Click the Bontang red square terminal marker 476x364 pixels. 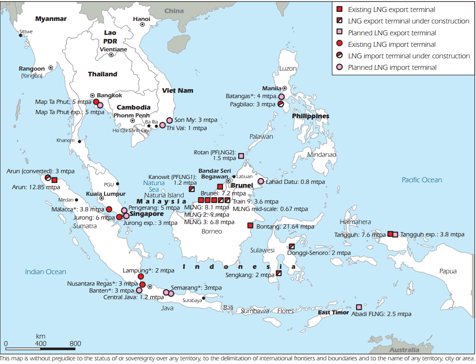(250, 225)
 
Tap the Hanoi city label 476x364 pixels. (141, 19)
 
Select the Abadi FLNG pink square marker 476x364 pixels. (359, 307)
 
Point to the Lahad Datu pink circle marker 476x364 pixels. (261, 181)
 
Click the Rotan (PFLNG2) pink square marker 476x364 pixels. (241, 156)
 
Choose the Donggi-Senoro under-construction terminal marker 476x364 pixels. (292, 247)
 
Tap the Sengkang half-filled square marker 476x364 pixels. (279, 273)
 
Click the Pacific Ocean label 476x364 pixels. (421, 180)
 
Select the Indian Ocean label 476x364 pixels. (45, 272)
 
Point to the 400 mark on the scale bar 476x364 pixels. (41, 343)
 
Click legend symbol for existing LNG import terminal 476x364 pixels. (339, 44)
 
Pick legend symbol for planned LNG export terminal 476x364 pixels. (339, 33)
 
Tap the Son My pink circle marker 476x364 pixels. (169, 120)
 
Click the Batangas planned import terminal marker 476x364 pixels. (281, 97)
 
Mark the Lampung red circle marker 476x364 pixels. (141, 277)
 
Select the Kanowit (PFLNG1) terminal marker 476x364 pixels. (191, 189)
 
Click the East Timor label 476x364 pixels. (333, 313)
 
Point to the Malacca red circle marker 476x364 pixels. (109, 209)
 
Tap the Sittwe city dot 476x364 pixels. (20, 35)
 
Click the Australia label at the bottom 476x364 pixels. (404, 350)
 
